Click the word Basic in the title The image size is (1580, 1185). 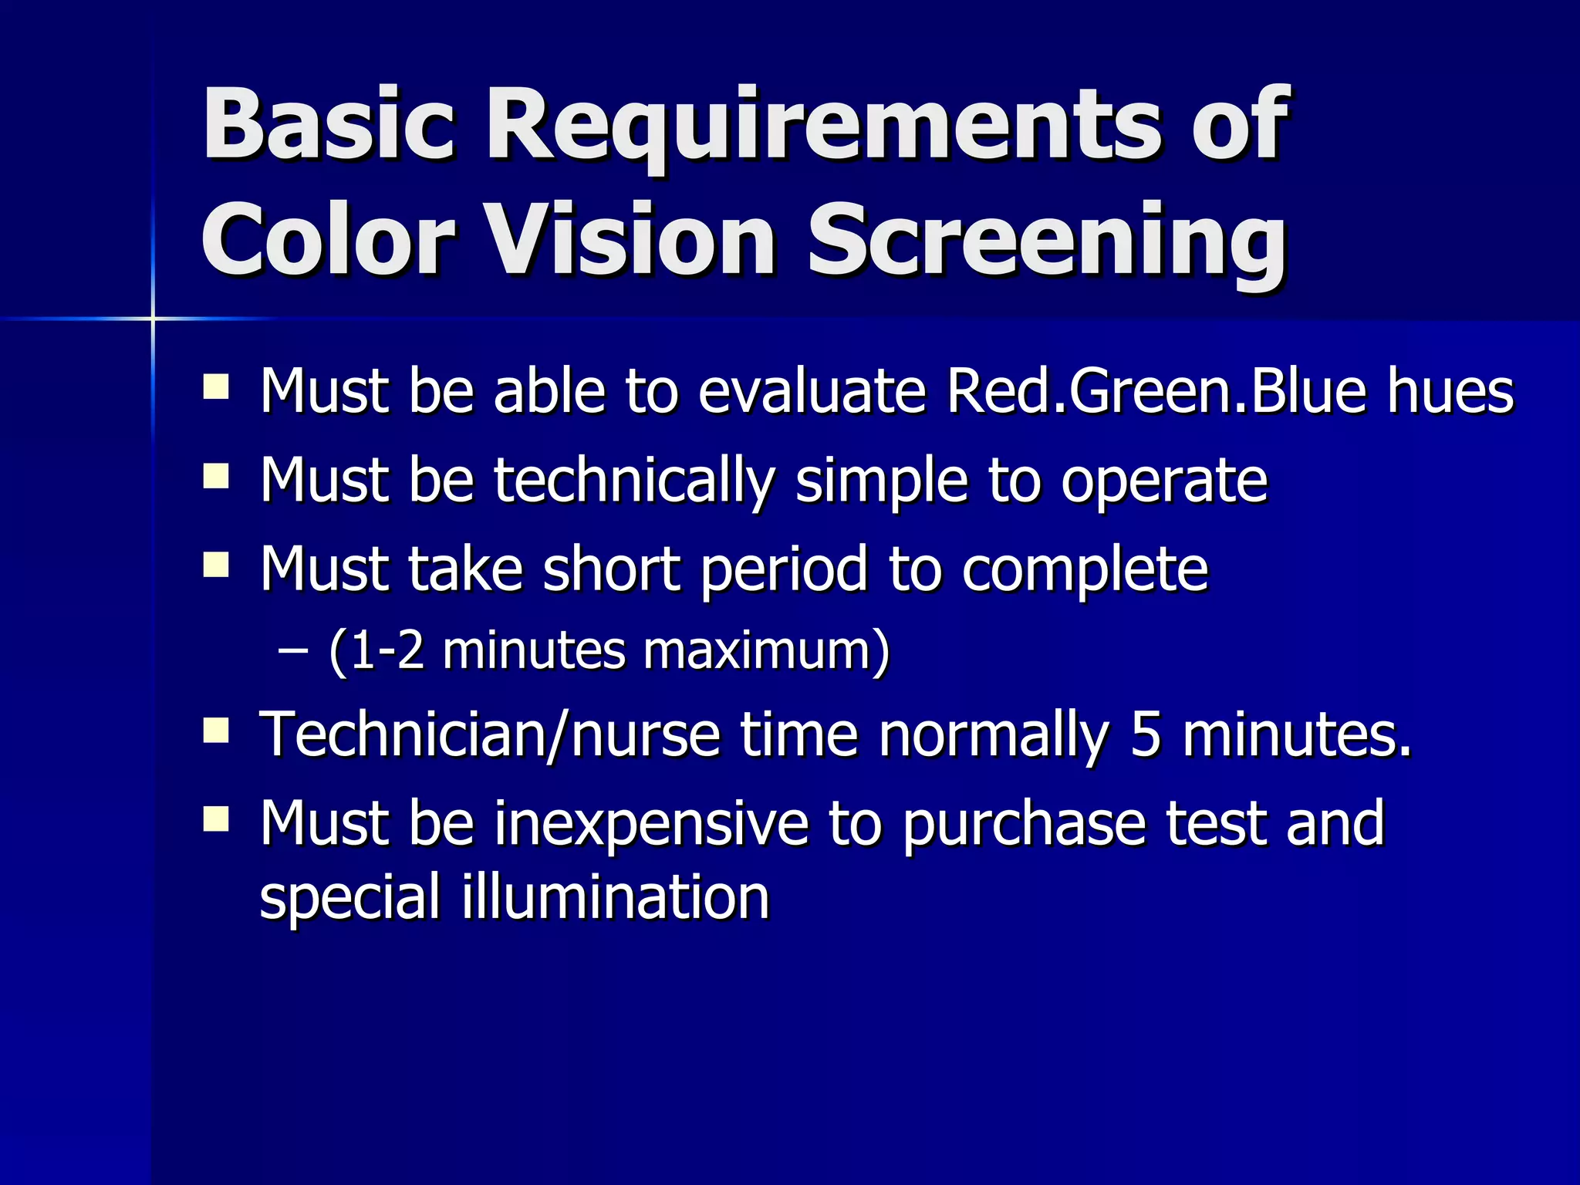[x=329, y=123]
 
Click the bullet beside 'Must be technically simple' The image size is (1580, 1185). [x=216, y=476]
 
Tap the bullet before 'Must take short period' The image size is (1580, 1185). [x=216, y=565]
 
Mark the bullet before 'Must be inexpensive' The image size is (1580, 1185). [x=216, y=819]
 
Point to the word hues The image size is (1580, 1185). [x=1450, y=391]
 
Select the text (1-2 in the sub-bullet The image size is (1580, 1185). [x=376, y=652]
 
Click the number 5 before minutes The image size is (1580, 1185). [x=1145, y=734]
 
